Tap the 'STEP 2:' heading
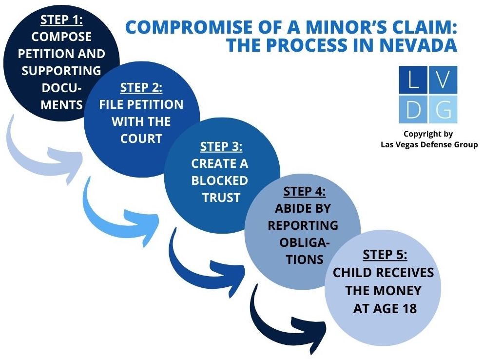(141, 88)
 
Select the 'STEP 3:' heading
(221, 147)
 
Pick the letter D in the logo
(413, 109)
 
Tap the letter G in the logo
(443, 109)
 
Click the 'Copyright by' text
(428, 134)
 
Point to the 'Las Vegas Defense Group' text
(428, 145)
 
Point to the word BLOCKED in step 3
(219, 180)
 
